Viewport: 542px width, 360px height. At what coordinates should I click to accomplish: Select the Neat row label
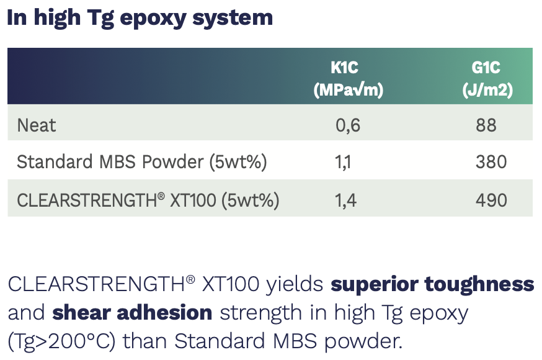tap(37, 125)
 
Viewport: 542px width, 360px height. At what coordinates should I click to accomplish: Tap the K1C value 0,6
tap(348, 125)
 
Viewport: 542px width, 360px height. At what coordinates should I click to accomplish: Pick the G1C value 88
tap(486, 125)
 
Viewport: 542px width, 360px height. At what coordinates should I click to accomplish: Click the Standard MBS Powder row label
tap(142, 162)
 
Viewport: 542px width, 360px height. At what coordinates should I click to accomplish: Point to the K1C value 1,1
tap(343, 163)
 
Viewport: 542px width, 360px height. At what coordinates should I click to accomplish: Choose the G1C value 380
tap(491, 162)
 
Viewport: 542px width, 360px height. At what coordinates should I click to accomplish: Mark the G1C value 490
tap(491, 200)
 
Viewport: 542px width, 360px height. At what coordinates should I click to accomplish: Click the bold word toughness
tap(479, 284)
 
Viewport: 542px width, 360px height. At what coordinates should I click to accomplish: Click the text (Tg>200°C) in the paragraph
tap(61, 341)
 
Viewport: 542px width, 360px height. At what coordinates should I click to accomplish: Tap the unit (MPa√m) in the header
tap(348, 90)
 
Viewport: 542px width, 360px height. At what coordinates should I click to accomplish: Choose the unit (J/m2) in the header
tap(487, 90)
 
